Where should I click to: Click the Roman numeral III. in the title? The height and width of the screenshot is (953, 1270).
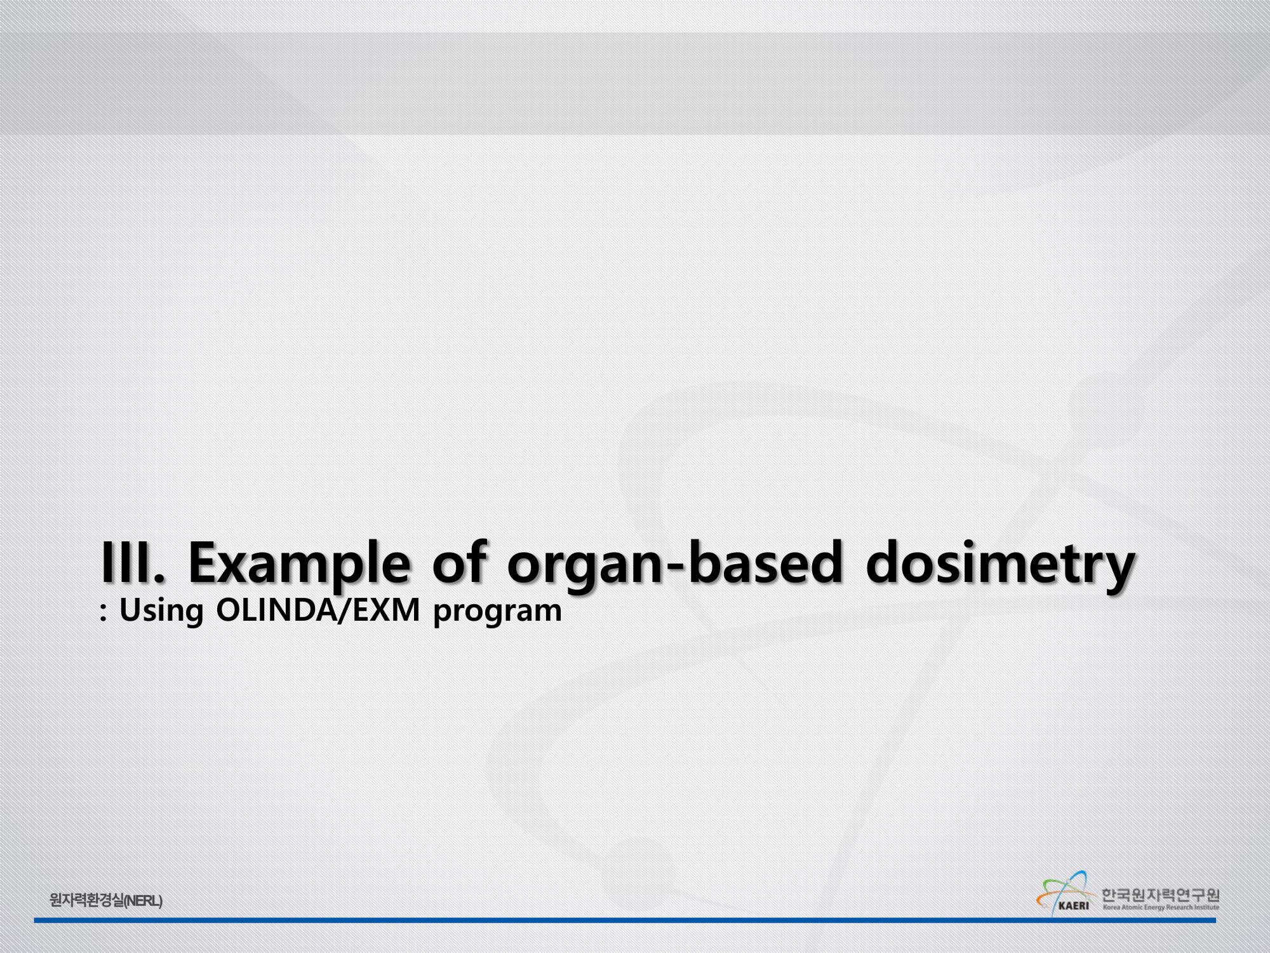133,562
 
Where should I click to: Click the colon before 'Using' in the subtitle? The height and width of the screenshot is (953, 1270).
104,612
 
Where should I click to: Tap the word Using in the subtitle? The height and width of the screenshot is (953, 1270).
161,611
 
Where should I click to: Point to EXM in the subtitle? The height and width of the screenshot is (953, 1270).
386,610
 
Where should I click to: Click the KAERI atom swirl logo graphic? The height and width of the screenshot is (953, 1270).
1064,889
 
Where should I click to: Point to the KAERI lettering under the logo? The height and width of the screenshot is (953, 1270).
1073,905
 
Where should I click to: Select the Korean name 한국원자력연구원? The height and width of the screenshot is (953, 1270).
1160,895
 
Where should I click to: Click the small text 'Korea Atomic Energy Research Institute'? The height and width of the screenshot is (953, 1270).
1161,907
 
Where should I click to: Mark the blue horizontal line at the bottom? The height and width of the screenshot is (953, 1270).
625,920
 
